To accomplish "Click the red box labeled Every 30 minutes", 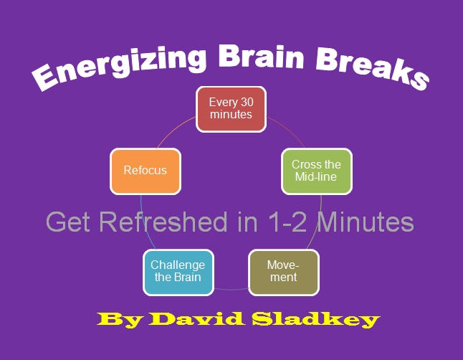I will point(231,109).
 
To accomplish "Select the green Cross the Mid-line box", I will point(316,171).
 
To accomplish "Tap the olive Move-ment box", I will point(283,272).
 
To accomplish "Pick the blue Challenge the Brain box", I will point(178,272).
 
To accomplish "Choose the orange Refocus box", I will point(145,171).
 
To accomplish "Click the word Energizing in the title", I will point(115,65).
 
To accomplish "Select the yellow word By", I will point(115,319).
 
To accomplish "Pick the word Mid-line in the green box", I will point(316,176).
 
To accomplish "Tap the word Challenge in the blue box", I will point(178,265).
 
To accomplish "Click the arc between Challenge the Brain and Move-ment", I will point(231,288).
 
